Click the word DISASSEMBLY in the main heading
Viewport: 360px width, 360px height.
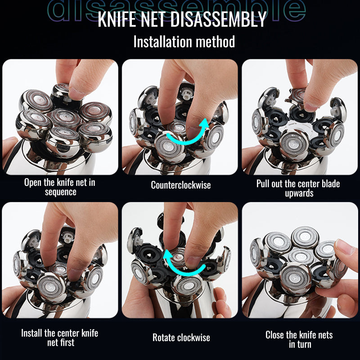(218, 19)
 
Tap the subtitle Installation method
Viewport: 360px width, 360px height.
(184, 42)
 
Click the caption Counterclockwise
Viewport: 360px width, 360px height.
(181, 185)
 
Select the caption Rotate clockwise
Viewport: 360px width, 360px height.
(181, 337)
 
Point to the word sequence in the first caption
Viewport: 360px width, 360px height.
(61, 192)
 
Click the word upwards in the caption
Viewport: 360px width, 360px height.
(299, 193)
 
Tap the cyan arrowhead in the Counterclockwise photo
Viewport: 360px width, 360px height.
(204, 124)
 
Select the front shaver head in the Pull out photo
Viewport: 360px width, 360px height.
(294, 144)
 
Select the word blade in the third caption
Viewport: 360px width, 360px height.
(331, 184)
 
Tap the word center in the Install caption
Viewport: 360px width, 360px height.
(68, 333)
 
